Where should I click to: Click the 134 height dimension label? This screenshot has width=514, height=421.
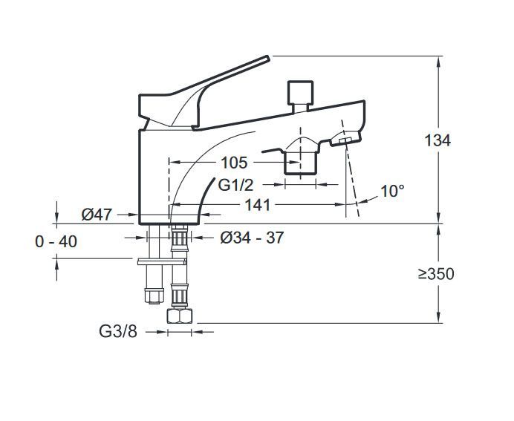pyautogui.click(x=437, y=140)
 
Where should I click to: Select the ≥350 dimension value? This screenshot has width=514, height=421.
pyautogui.click(x=436, y=273)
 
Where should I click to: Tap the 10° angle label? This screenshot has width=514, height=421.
pyautogui.click(x=392, y=191)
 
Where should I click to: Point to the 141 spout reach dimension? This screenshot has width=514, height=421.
pyautogui.click(x=258, y=204)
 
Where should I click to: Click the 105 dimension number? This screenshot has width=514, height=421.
pyautogui.click(x=235, y=162)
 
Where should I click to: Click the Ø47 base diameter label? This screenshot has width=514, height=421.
pyautogui.click(x=97, y=215)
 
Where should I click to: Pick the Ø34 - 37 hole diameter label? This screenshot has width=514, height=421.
pyautogui.click(x=253, y=237)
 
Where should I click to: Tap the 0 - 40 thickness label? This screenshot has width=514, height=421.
pyautogui.click(x=56, y=241)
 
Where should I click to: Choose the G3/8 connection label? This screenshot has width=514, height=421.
pyautogui.click(x=119, y=332)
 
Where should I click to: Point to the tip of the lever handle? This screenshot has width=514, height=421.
pyautogui.click(x=265, y=59)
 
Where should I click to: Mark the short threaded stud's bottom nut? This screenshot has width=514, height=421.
pyautogui.click(x=152, y=296)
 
